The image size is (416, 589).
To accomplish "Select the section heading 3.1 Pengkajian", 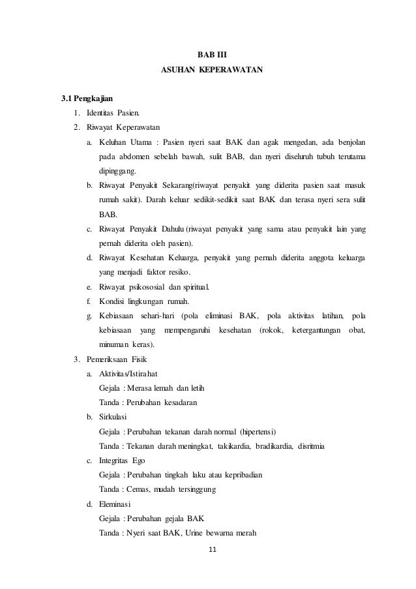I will point(87,99).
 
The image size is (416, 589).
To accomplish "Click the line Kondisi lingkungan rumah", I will point(144,301).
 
